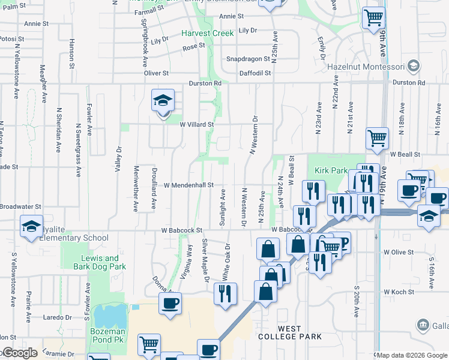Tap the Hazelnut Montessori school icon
coord(413,65)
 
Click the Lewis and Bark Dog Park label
coord(99,262)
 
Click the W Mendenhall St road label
coord(188,185)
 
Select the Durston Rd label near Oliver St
coord(205,83)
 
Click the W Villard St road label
coord(197,125)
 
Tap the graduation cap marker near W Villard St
coord(163,103)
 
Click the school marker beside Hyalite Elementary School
coord(31,226)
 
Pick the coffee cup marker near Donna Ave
coord(170,302)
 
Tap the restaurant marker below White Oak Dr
coord(225,294)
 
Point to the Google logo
coord(20,353)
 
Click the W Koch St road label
coord(398,292)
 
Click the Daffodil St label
coord(255,73)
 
